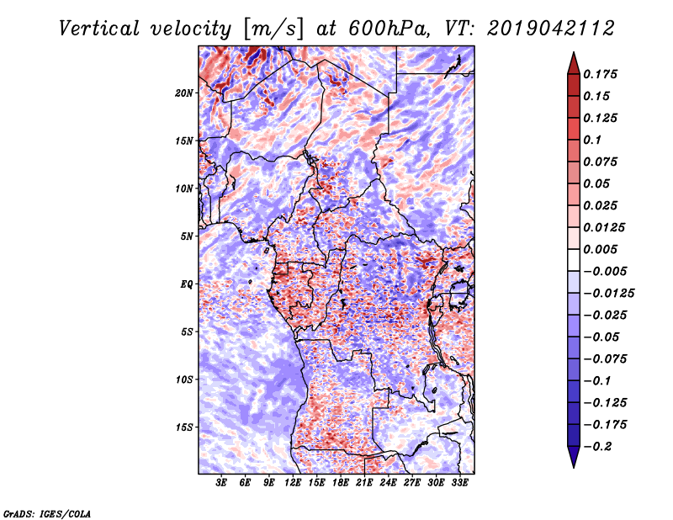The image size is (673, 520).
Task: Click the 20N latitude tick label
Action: point(184,93)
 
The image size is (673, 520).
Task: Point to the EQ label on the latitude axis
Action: point(187,284)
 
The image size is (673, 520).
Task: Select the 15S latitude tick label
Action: point(184,427)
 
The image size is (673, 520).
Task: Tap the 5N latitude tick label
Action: point(187,236)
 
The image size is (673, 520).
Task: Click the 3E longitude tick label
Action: point(221,484)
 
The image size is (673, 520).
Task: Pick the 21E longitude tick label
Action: point(364,484)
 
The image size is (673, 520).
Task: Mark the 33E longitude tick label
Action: point(459,484)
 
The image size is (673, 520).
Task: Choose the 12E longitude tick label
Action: point(293,484)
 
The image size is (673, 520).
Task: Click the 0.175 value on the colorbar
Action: point(601,74)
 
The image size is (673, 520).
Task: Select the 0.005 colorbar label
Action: point(601,249)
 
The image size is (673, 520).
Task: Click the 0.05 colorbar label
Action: point(597,183)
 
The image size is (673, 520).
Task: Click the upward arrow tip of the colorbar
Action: point(573,55)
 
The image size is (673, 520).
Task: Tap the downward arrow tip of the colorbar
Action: point(573,465)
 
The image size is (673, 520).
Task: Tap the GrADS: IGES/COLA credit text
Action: point(46,512)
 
